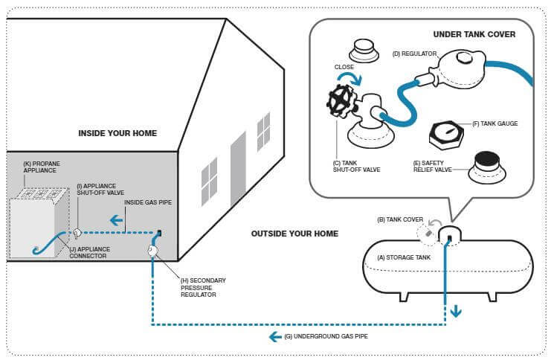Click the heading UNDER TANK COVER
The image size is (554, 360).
[x=474, y=34]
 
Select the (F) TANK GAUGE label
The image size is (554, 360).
[x=495, y=124]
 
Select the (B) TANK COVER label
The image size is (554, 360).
[x=401, y=219]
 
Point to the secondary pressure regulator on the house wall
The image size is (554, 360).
[x=152, y=252]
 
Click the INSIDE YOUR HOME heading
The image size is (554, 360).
[x=117, y=133]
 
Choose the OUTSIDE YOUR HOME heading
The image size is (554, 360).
[x=294, y=234]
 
